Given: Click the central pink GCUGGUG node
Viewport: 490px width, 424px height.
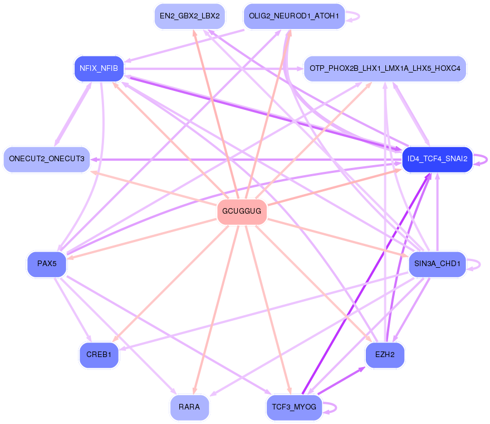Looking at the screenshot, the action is [x=242, y=211].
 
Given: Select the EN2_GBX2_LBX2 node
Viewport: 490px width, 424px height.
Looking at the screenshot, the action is [x=190, y=16].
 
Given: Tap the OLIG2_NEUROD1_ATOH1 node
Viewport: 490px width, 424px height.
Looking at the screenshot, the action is [x=294, y=16].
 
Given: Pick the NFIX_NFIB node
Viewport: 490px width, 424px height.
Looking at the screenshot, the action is [x=99, y=69].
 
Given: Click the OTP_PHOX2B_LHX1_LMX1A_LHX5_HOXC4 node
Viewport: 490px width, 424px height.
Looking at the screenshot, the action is [x=385, y=69].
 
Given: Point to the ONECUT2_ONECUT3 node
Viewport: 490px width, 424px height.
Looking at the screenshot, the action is [x=47, y=159].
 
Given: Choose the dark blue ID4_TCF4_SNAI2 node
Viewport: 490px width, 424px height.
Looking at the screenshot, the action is [x=437, y=159].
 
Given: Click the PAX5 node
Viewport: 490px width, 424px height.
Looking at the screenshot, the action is [x=47, y=264].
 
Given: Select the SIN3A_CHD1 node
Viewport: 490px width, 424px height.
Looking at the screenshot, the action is [x=437, y=264].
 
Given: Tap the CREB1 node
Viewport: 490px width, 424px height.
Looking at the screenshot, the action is [x=99, y=355].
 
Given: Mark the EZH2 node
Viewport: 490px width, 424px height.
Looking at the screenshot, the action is [x=385, y=355].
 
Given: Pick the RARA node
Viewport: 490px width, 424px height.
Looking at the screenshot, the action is [x=189, y=407].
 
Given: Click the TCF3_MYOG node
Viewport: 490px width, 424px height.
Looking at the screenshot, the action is [x=294, y=407].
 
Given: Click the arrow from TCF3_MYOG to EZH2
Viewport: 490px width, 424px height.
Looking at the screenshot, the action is [x=341, y=380].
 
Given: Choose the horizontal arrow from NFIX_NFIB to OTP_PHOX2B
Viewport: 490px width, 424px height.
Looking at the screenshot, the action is [x=214, y=69].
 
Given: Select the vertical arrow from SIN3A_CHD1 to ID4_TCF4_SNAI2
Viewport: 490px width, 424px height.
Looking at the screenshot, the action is [x=438, y=212].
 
